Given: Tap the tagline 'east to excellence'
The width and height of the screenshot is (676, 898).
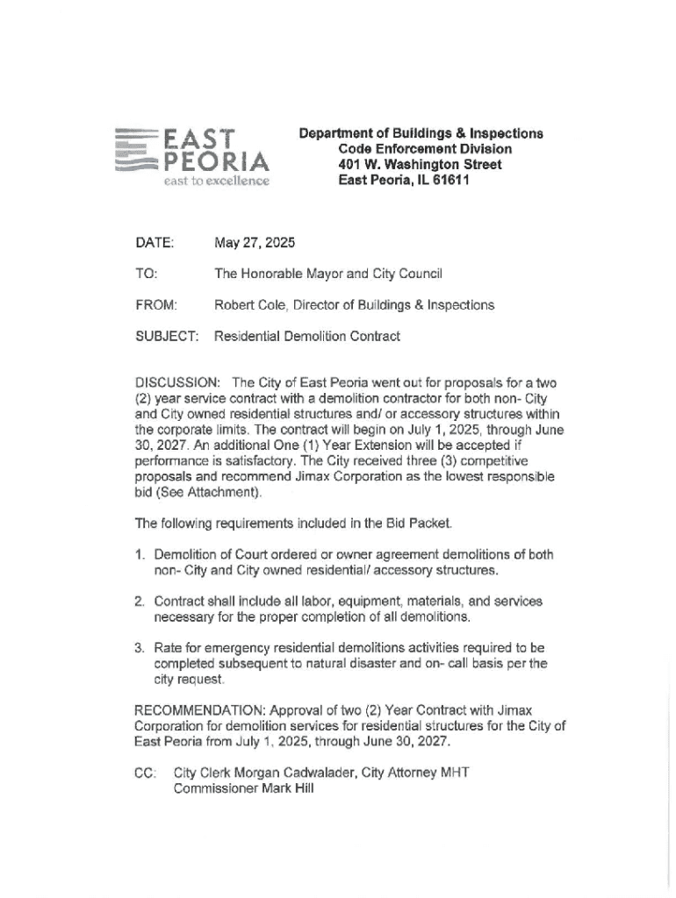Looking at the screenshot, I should click(214, 182).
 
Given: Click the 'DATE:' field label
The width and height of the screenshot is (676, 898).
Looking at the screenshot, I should click(155, 242).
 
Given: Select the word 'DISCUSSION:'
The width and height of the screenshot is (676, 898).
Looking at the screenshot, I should click(176, 382).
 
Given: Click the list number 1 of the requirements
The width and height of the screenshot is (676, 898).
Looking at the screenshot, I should click(139, 555).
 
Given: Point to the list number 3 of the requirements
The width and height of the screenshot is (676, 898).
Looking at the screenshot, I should click(139, 648).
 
